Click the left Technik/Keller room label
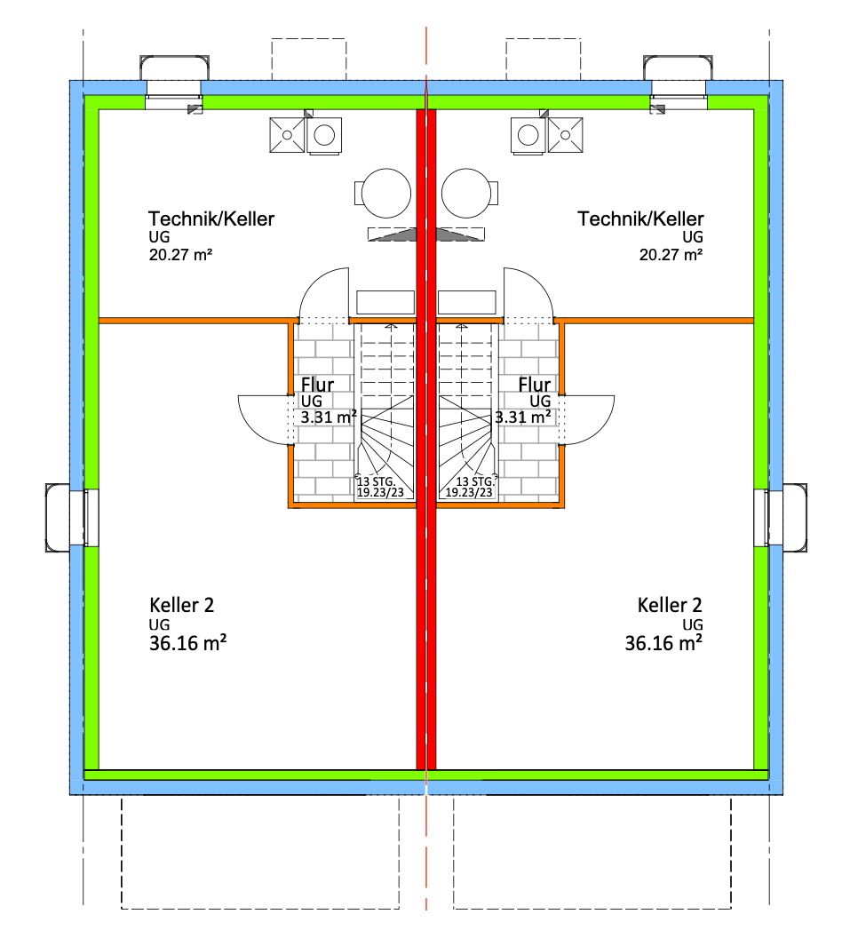coord(211,219)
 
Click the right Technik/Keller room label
coord(640,219)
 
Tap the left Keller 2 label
coord(181,606)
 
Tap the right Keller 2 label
coord(670,606)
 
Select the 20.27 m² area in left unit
coord(180,255)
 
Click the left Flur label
coord(318,386)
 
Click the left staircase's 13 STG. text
coord(377,481)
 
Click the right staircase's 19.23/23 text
coord(470,491)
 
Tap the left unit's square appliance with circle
coord(324,135)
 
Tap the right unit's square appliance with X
coord(565,135)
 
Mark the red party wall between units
coord(426,533)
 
